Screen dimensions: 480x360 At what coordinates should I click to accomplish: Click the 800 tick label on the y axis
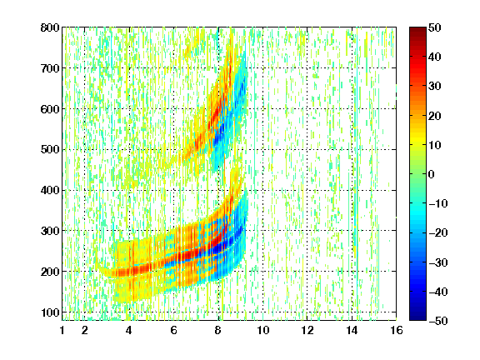(x=50, y=27)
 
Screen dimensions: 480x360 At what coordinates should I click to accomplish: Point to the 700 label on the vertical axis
(x=50, y=68)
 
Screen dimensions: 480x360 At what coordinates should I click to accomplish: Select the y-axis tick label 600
(x=50, y=109)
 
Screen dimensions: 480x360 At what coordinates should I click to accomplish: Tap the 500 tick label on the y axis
(x=50, y=150)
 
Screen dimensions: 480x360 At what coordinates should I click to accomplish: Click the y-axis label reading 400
(x=50, y=190)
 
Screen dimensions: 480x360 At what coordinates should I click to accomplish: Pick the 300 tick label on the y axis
(x=50, y=231)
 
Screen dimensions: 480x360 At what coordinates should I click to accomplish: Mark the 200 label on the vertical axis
(x=50, y=272)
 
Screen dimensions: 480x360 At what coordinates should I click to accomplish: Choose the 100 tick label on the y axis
(x=50, y=312)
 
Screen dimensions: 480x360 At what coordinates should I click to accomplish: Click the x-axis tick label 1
(x=62, y=330)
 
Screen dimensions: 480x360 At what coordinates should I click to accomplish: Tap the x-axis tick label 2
(x=85, y=330)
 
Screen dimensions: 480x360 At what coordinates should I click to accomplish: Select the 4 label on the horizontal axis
(x=129, y=330)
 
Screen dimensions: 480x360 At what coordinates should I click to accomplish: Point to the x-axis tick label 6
(x=173, y=330)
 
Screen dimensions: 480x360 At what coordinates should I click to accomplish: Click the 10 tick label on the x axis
(x=263, y=330)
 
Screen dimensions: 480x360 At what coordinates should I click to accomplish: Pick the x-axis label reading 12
(x=307, y=330)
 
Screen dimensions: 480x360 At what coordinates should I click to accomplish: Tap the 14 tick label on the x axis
(x=352, y=330)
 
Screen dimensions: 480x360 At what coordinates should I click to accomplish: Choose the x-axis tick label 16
(x=397, y=330)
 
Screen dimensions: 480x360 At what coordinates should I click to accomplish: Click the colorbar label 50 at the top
(x=434, y=27)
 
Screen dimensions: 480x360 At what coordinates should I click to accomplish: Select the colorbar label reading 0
(x=432, y=174)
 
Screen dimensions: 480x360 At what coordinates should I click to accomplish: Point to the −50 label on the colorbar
(x=438, y=321)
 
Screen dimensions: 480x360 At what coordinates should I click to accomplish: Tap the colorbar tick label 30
(x=434, y=86)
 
